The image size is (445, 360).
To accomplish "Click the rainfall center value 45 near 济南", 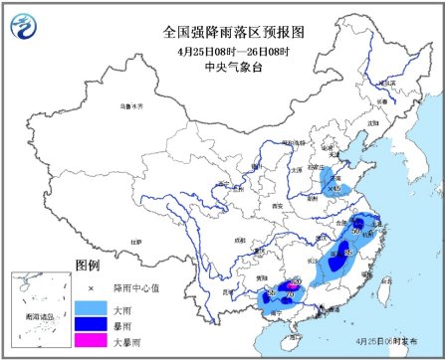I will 335,187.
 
